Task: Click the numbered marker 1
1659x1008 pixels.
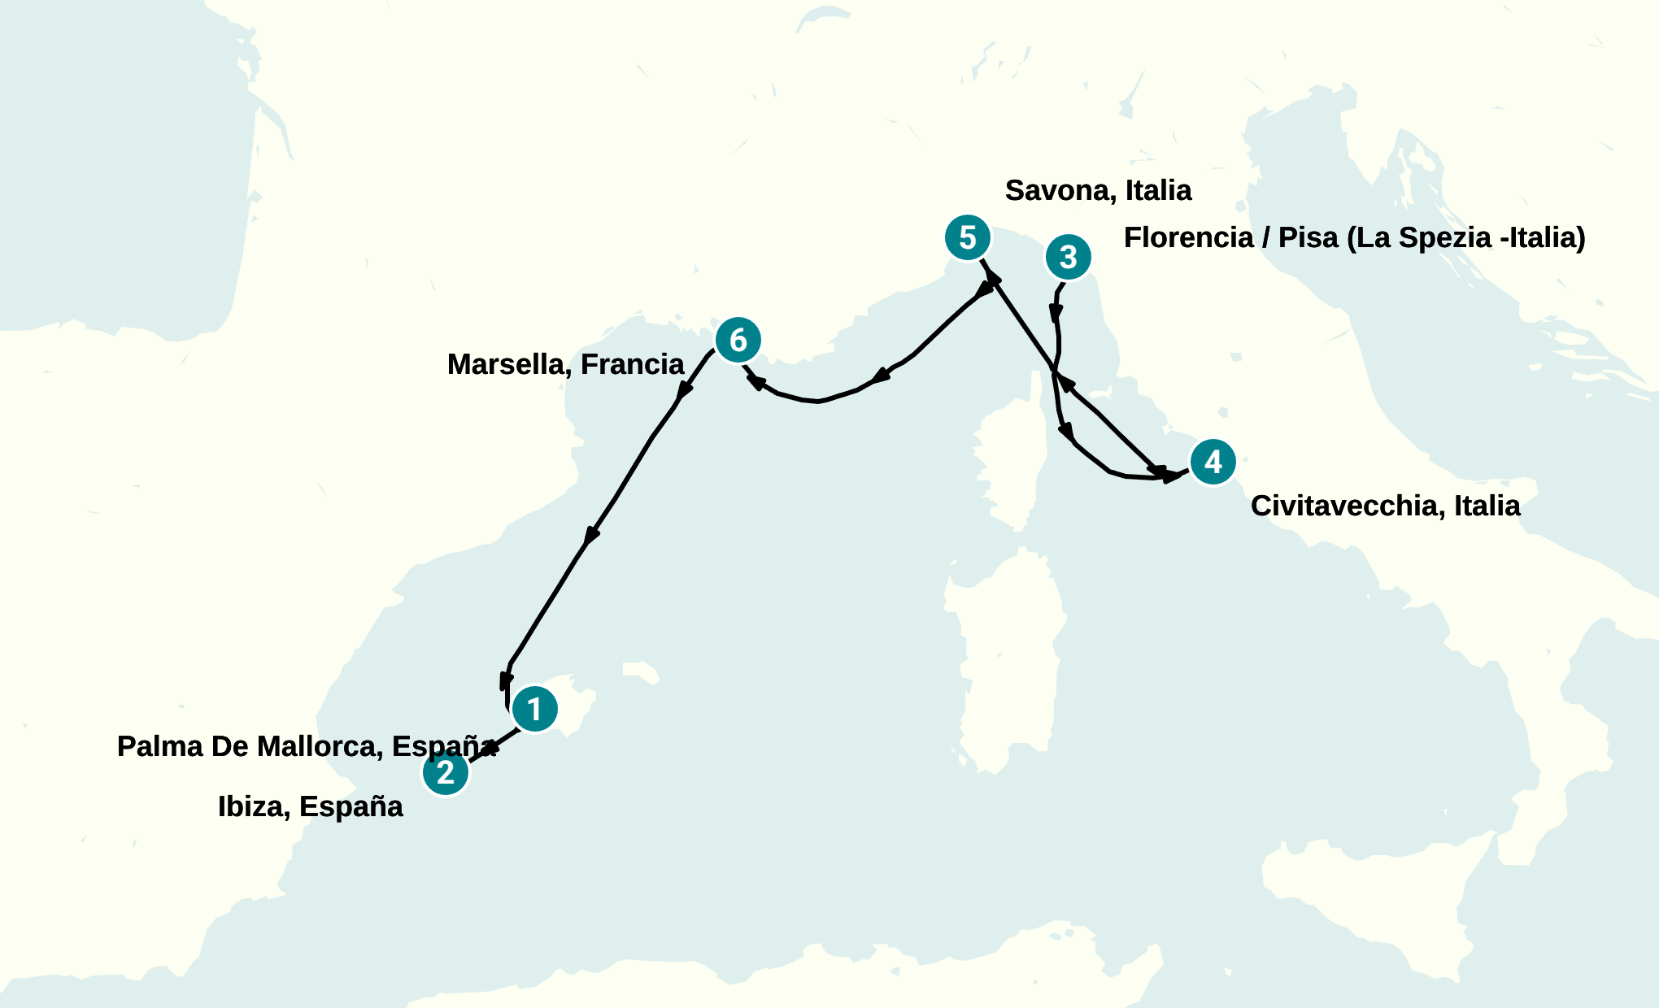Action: pos(535,709)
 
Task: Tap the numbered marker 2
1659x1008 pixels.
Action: pos(446,772)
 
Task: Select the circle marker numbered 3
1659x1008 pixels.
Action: pos(1068,257)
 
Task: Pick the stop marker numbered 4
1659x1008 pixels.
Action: pos(1213,462)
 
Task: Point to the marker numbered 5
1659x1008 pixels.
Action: pos(967,237)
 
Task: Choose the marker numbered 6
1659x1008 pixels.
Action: pos(738,340)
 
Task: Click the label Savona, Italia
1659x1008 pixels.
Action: pos(1098,190)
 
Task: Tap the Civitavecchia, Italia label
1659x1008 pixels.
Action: pos(1385,506)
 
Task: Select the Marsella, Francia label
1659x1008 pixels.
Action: pos(565,364)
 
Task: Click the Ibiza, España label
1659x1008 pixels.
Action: pos(310,806)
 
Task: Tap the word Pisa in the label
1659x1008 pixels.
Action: pos(1308,237)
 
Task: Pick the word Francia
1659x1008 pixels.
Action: pos(632,364)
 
